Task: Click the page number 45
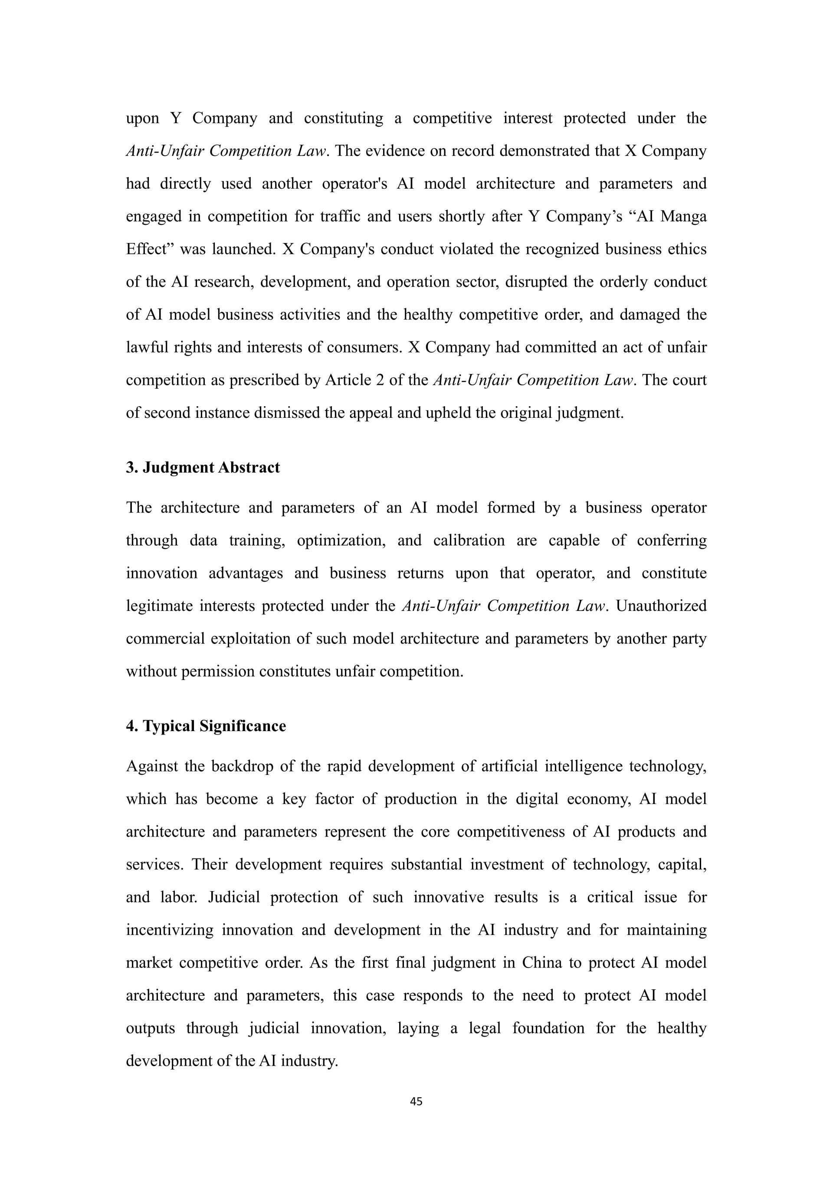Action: (416, 1101)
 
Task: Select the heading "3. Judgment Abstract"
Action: (203, 467)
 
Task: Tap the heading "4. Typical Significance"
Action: (206, 726)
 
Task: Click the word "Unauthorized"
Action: (661, 606)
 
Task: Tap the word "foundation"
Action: (548, 1028)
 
